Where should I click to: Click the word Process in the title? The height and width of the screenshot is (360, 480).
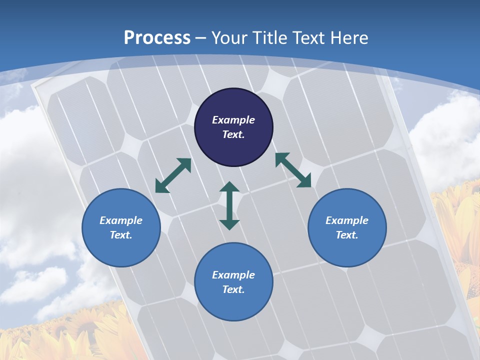click(157, 37)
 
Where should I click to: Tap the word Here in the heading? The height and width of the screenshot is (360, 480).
click(349, 37)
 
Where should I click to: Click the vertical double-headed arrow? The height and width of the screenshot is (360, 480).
click(229, 205)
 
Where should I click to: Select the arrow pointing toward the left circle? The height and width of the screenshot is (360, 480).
click(173, 175)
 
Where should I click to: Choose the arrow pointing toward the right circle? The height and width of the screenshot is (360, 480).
click(293, 170)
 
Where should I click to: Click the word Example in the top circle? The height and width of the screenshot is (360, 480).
click(233, 120)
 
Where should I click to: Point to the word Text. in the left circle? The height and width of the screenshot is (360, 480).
click(121, 235)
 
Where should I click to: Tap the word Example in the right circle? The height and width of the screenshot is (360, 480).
click(347, 220)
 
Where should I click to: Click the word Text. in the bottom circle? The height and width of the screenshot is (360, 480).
click(233, 289)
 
